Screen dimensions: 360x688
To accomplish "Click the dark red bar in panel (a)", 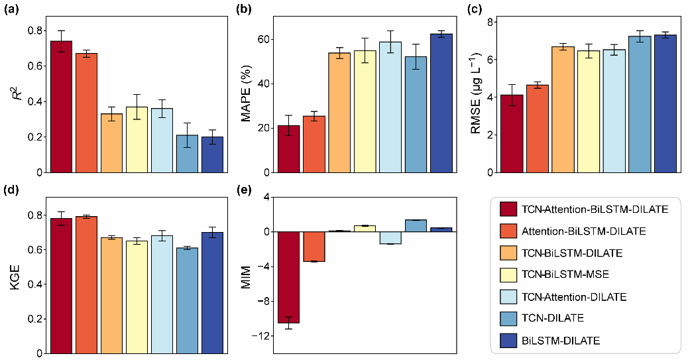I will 61,107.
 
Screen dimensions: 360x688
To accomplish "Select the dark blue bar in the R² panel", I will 212,154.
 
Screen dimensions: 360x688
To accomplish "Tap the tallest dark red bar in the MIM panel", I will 288,277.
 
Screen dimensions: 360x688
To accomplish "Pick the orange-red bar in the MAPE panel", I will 314,144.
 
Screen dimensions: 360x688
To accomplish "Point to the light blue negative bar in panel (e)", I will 390,238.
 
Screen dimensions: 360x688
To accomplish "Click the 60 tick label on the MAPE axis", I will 264,39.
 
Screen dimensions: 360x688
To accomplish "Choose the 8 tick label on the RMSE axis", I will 490,22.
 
